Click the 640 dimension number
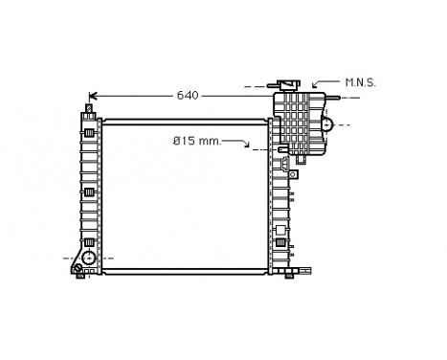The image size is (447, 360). pyautogui.click(x=189, y=96)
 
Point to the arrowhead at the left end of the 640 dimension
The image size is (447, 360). pyautogui.click(x=92, y=96)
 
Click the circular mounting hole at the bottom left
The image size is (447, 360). pyautogui.click(x=88, y=259)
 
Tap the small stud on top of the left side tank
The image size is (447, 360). pyautogui.click(x=89, y=108)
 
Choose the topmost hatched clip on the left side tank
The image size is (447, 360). pyautogui.click(x=89, y=131)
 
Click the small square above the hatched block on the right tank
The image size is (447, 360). pyautogui.click(x=279, y=230)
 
